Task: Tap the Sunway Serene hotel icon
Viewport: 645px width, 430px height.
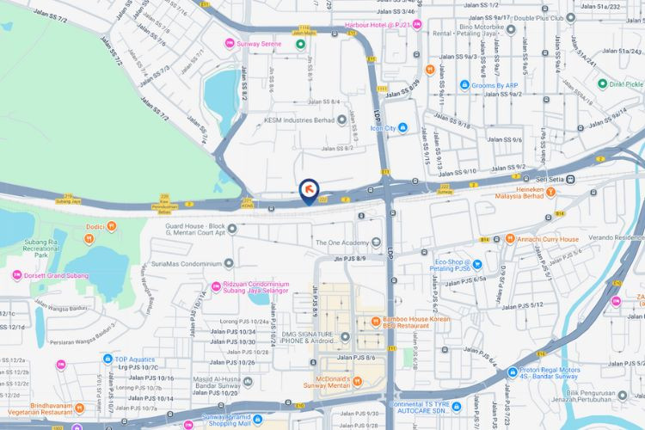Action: tap(229, 44)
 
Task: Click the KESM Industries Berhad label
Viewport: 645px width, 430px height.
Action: tap(298, 120)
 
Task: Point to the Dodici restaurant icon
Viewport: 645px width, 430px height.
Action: tap(113, 226)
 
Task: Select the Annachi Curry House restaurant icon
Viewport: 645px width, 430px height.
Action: tap(509, 239)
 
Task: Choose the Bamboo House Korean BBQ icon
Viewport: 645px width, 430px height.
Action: tap(376, 322)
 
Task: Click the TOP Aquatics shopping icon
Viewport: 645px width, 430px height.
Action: tap(107, 359)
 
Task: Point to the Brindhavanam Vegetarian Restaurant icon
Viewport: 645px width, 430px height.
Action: tap(80, 407)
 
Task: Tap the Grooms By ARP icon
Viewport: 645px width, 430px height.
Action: tap(464, 85)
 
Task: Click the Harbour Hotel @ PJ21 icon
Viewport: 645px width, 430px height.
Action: tap(417, 25)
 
